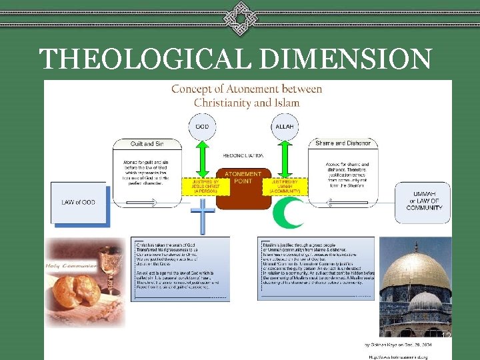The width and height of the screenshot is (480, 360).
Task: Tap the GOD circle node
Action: coord(202,127)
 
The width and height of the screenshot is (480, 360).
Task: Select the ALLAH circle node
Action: coord(285,127)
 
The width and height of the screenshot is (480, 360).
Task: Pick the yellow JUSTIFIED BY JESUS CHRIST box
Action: coord(201,185)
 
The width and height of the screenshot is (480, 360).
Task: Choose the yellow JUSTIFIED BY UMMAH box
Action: coord(285,185)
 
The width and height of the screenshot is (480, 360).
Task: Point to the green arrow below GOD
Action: coord(202,158)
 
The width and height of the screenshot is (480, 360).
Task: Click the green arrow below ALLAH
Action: coord(285,158)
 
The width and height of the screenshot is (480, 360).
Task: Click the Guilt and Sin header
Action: coord(147,143)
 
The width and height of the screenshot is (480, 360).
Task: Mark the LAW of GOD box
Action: coord(78,202)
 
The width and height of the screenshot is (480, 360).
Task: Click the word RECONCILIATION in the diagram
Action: coord(243,154)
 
